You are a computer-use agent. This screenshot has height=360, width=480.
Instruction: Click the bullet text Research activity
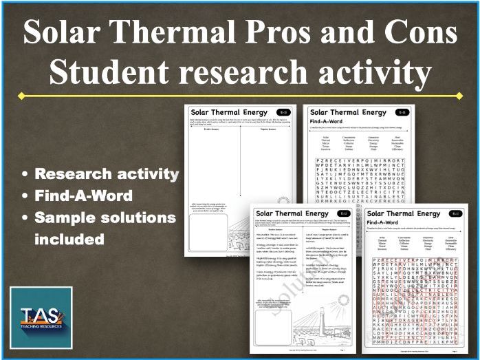pos(107,174)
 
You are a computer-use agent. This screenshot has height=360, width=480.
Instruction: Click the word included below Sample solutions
pos(69,240)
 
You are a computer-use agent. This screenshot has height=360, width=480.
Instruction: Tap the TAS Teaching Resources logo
pos(42,317)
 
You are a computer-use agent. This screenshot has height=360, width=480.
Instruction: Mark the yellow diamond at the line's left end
pos(21,95)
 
